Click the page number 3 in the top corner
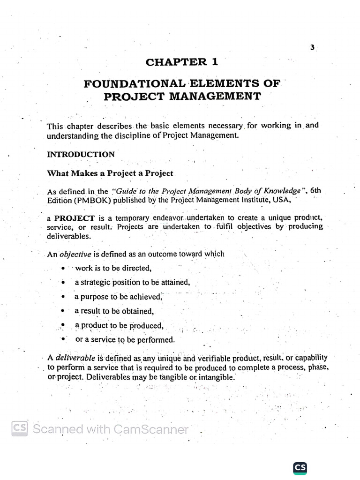[312, 47]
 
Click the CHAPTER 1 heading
[182, 62]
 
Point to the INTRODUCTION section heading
[81, 154]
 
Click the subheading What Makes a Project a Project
[110, 173]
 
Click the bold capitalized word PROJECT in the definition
[75, 218]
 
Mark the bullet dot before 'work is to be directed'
[63, 269]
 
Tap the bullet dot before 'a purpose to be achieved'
[63, 297]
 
